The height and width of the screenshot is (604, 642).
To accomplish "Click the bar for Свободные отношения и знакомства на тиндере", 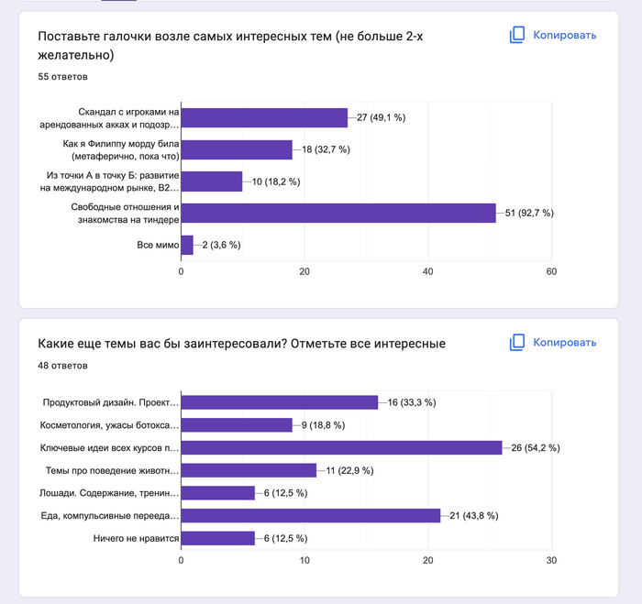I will pyautogui.click(x=338, y=213).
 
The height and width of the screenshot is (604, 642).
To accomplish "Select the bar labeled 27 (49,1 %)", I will pyautogui.click(x=264, y=117).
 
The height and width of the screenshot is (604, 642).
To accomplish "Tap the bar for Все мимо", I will pyautogui.click(x=187, y=245).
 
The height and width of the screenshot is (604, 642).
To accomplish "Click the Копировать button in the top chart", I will pyautogui.click(x=553, y=35).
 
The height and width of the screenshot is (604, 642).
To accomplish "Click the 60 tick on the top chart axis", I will pyautogui.click(x=551, y=271).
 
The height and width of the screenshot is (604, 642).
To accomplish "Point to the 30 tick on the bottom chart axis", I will pyautogui.click(x=551, y=559).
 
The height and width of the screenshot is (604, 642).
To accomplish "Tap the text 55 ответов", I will pyautogui.click(x=62, y=77).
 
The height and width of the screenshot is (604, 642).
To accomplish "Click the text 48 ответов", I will pyautogui.click(x=62, y=365).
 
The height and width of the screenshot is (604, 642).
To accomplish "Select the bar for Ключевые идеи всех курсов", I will pyautogui.click(x=341, y=447).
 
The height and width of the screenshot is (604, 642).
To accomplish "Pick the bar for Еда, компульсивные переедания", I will pyautogui.click(x=310, y=515).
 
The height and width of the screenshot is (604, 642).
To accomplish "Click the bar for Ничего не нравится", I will pyautogui.click(x=217, y=538).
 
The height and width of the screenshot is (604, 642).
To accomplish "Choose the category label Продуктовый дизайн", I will pyautogui.click(x=111, y=402).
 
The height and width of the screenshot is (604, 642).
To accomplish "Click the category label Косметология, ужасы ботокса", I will pyautogui.click(x=109, y=425).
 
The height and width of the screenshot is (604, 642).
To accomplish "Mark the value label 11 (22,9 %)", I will pyautogui.click(x=347, y=470).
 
